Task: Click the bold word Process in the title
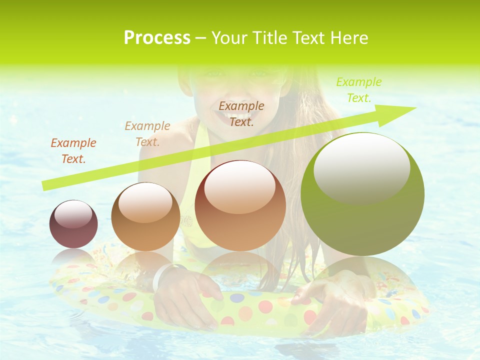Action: coord(157,37)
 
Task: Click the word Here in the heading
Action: coord(349,37)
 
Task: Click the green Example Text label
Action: coord(358,90)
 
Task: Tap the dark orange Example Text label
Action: coord(73,151)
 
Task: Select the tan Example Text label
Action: coord(147,134)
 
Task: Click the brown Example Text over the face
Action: coord(241,113)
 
